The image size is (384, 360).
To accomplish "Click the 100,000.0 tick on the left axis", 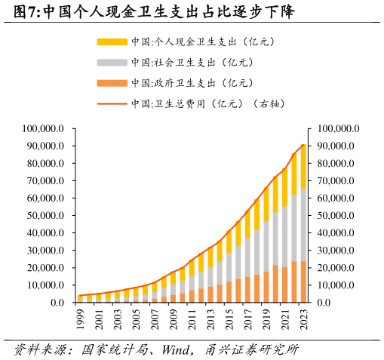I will click(x=45, y=129).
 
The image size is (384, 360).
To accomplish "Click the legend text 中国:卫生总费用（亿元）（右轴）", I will click(x=207, y=103).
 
